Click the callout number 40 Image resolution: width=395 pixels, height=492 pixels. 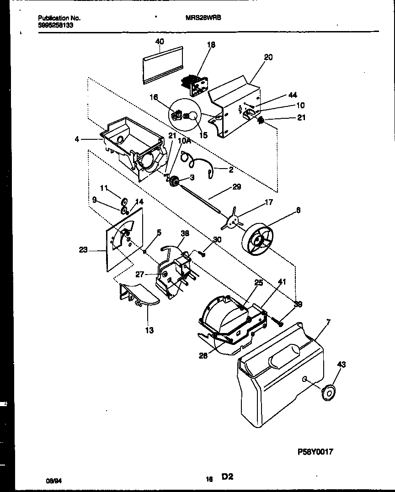point(160,41)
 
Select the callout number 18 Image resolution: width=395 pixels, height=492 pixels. point(211,45)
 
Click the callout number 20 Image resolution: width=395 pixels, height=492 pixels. point(268,57)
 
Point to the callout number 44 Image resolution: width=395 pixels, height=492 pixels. point(293,95)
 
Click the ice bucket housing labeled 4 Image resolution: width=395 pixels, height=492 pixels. point(130,146)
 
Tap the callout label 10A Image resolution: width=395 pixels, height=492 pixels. point(184,142)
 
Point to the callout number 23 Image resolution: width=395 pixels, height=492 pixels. point(83,250)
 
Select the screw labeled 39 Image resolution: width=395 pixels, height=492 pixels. point(278,321)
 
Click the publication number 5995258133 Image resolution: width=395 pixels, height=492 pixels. point(55,26)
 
